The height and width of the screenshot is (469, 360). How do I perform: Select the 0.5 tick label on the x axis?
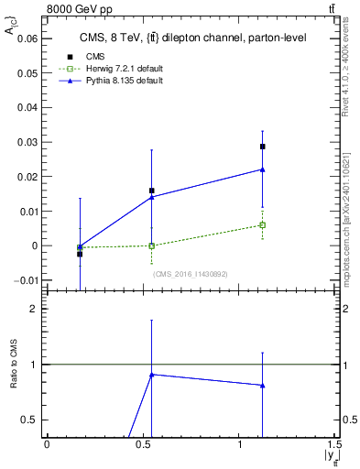143,444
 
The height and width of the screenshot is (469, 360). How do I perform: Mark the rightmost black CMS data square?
263,147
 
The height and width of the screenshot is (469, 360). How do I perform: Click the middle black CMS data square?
151,191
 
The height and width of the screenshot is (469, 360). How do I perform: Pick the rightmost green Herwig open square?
263,224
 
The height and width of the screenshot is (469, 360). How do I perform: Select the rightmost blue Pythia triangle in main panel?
263,169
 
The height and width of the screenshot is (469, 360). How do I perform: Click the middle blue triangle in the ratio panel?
151,374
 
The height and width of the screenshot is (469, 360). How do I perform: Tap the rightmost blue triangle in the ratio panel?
263,385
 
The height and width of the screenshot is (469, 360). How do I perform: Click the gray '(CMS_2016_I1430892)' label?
190,273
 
